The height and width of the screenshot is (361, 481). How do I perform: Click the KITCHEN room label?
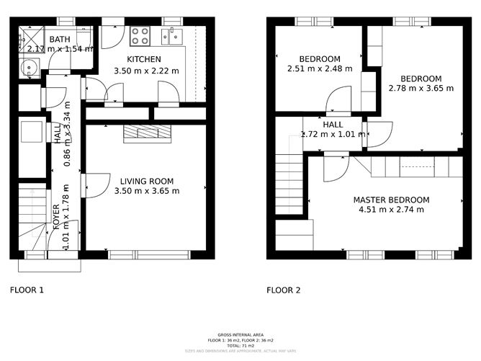[x=143, y=59]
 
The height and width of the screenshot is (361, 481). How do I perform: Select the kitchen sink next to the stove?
[x=174, y=35]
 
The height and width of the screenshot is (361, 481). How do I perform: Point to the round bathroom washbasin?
[x=30, y=70]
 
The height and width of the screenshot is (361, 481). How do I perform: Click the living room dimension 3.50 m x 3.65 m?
[x=146, y=191]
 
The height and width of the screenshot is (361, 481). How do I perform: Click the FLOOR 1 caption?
[x=27, y=290]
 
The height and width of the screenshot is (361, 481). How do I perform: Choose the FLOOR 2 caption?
[x=283, y=290]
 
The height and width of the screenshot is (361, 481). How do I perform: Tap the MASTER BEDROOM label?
[x=391, y=200]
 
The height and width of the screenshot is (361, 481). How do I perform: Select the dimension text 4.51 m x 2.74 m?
[x=391, y=210]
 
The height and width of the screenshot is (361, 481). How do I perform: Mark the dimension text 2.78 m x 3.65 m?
[x=421, y=89]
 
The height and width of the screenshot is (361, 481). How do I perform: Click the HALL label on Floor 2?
[x=333, y=124]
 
